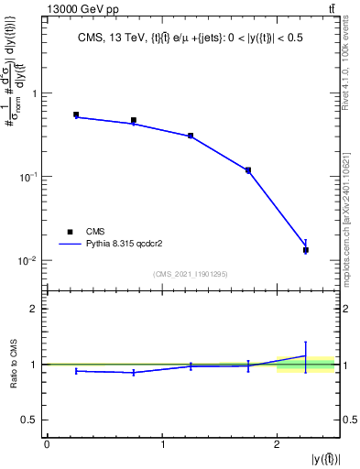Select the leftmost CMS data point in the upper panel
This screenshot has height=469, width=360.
click(76, 115)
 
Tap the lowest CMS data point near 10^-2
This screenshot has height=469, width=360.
click(306, 249)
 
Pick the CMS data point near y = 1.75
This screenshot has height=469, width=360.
click(248, 169)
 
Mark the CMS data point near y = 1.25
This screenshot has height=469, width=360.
click(191, 136)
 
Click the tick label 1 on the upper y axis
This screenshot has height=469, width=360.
click(35, 93)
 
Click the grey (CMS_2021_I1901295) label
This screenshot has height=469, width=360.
click(191, 274)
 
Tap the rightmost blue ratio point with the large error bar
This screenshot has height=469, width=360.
click(306, 355)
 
